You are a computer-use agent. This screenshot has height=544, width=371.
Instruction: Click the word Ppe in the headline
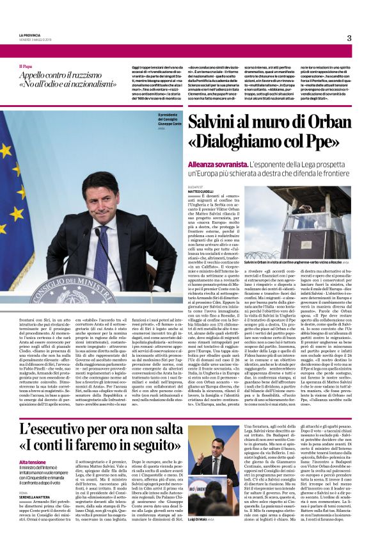(x=320, y=142)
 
